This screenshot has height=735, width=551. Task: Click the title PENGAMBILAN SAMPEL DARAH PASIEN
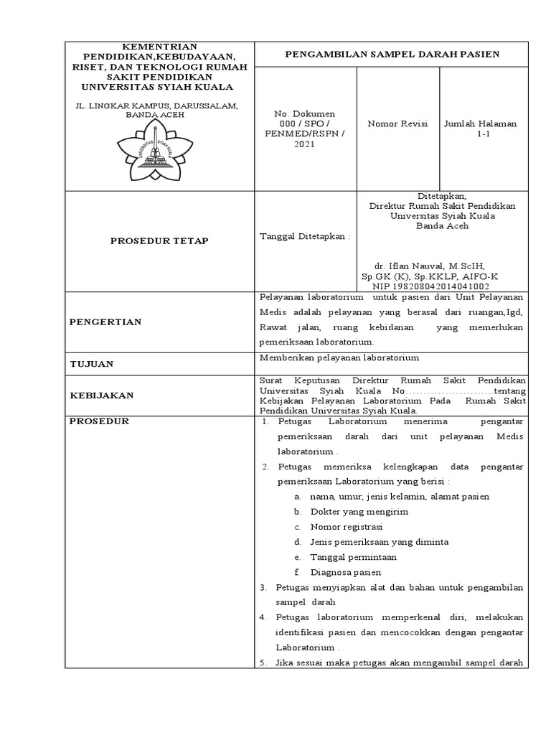392,54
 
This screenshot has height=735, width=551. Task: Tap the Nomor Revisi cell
397,124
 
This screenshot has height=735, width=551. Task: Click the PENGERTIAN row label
105,322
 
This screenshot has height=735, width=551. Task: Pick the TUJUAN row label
92,364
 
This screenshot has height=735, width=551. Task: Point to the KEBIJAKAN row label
101,395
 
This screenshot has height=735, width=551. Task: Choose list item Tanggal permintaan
353,557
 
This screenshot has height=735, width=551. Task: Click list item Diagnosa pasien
345,572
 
